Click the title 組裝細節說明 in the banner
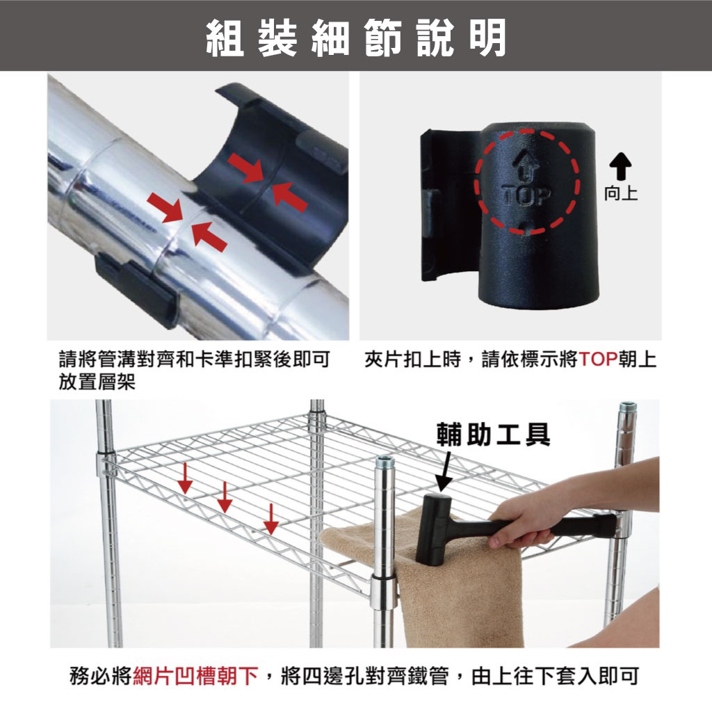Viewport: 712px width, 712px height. (x=356, y=38)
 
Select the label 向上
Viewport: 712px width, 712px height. (x=621, y=193)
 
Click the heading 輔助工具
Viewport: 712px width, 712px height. (x=493, y=435)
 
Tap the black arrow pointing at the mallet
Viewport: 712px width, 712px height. (x=444, y=471)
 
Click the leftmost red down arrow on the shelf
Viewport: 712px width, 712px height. (x=185, y=478)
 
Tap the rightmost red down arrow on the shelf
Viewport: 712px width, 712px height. (x=271, y=519)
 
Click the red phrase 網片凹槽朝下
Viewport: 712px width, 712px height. (x=195, y=676)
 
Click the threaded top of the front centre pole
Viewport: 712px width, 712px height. (x=385, y=464)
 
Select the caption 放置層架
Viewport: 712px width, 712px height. (x=97, y=382)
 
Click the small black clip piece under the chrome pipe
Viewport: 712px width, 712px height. (x=136, y=289)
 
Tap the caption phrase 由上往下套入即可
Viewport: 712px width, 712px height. (x=556, y=676)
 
